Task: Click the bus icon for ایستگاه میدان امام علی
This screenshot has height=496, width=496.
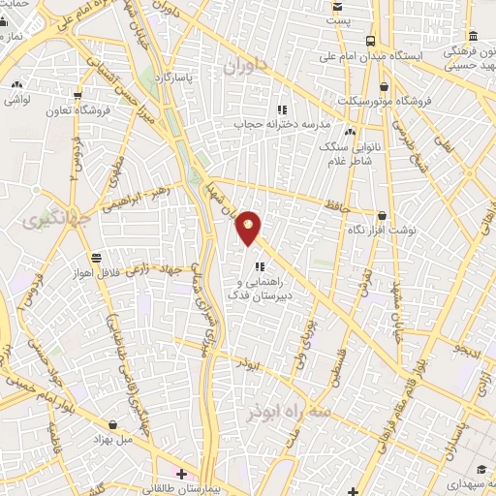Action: point(371,41)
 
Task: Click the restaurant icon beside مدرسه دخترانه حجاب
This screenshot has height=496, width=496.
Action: point(282,109)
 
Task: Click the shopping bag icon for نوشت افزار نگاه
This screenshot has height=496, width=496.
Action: point(382,215)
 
